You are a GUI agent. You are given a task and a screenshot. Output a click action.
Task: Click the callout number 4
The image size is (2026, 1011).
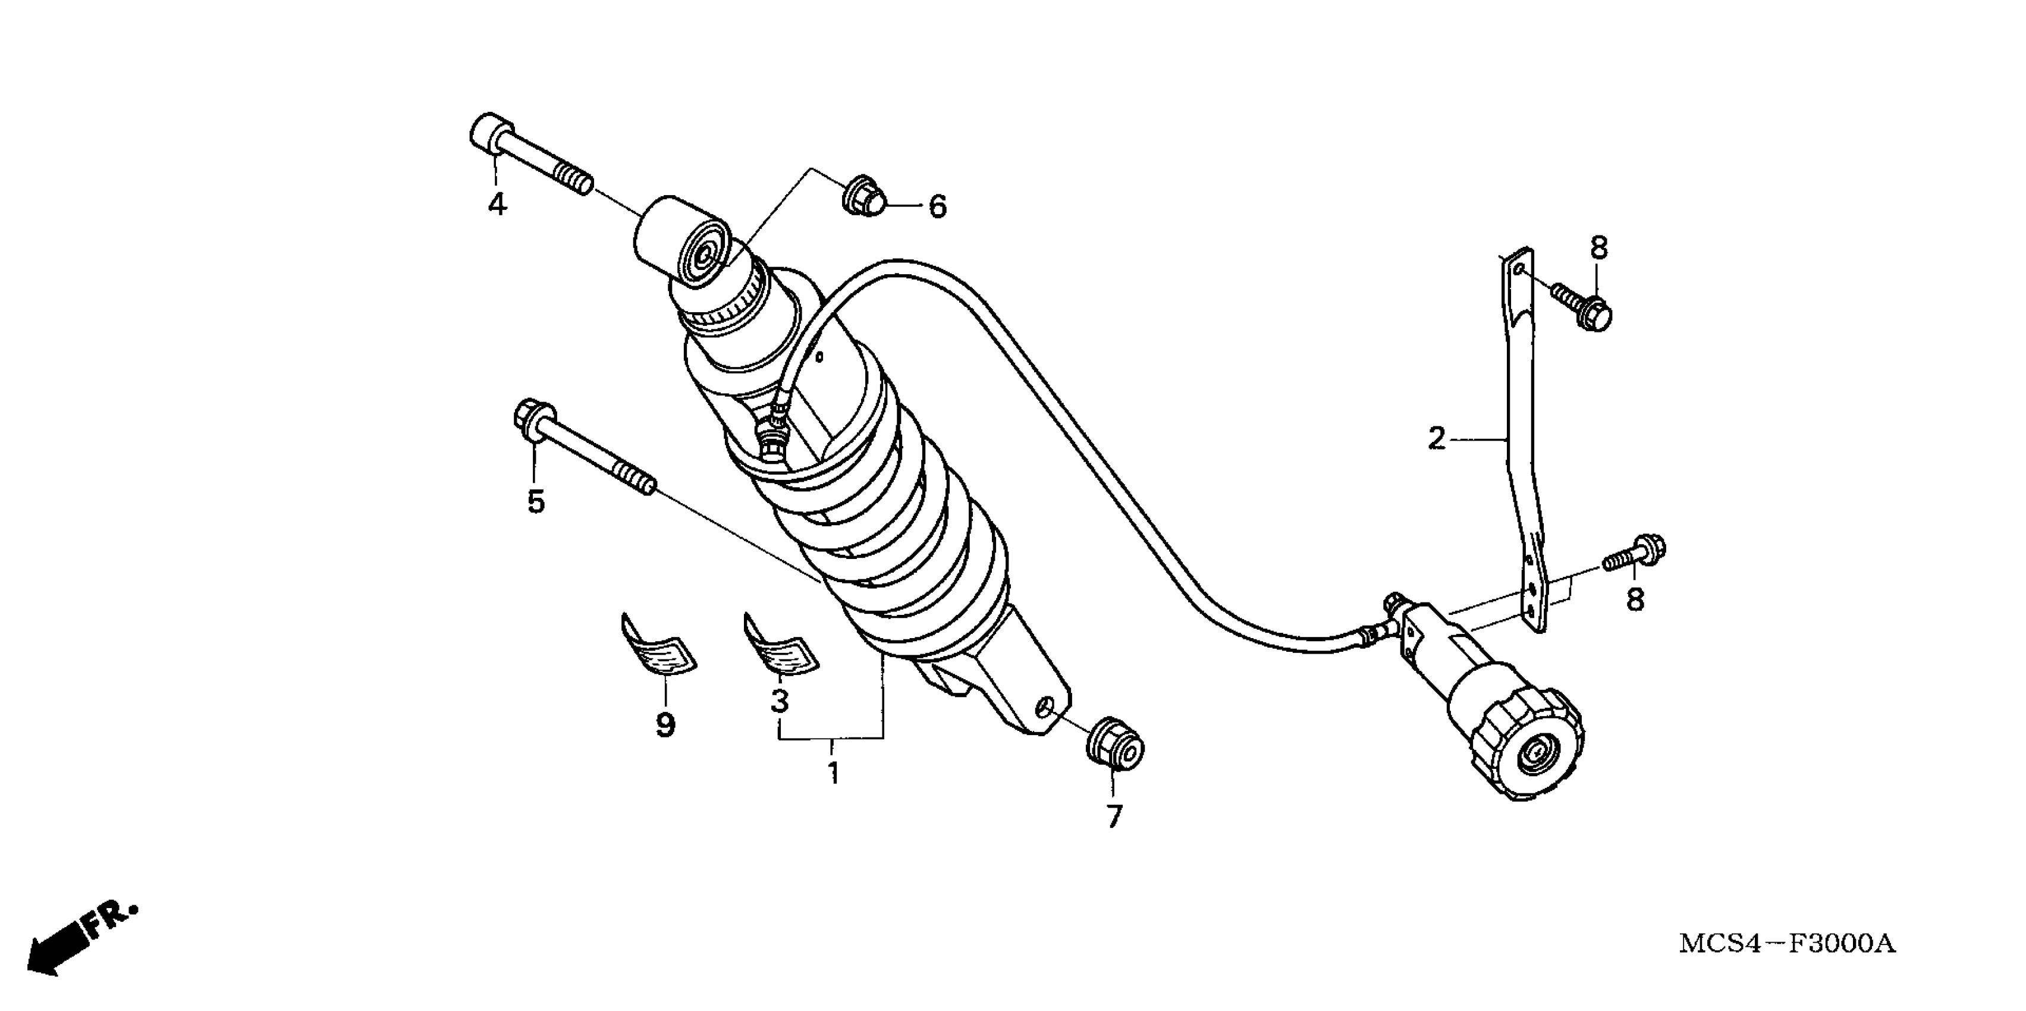click(497, 204)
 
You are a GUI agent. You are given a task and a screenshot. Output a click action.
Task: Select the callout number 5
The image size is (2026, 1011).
click(536, 501)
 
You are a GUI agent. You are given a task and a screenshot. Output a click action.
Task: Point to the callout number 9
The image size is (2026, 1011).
click(665, 724)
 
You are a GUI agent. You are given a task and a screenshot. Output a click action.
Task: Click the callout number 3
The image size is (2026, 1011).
click(780, 700)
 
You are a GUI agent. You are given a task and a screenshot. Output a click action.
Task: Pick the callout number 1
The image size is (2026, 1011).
click(833, 772)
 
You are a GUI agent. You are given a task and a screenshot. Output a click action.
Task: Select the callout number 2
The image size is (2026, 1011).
click(1436, 439)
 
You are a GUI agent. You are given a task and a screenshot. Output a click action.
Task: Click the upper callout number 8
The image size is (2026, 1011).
click(1599, 249)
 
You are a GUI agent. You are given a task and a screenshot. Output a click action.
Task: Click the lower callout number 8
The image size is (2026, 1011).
click(1635, 600)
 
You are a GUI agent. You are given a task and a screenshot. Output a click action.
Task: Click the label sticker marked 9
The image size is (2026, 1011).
click(659, 645)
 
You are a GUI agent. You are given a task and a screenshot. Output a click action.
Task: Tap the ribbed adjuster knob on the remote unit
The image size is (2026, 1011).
click(1526, 740)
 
